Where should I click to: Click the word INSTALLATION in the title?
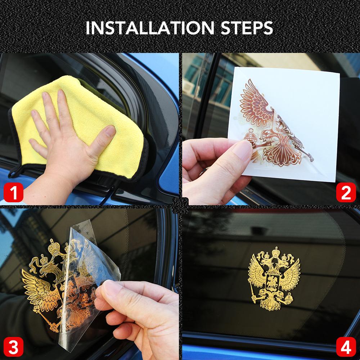coord(150,28)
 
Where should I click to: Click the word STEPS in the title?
coord(247,28)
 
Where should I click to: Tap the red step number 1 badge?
coord(13,192)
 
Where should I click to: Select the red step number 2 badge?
coord(346,192)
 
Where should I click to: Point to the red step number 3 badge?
coord(13,347)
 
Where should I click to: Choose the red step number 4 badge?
coord(346,347)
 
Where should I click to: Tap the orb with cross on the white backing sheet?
coord(250,137)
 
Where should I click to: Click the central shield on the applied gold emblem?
coord(272,282)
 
